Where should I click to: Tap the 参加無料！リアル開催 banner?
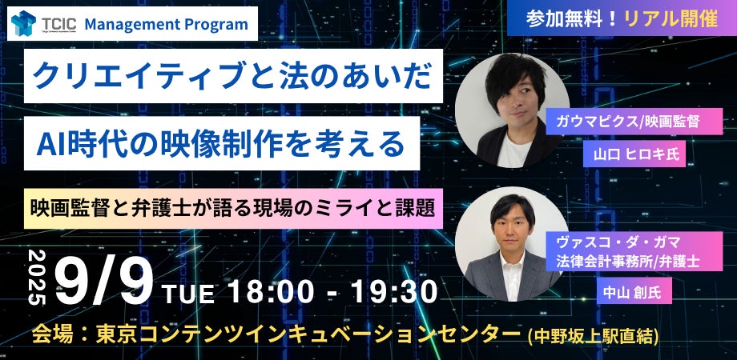(x=622, y=19)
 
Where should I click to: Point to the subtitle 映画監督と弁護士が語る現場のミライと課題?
(x=234, y=209)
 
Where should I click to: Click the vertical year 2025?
(x=38, y=276)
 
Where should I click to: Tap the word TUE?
(x=188, y=294)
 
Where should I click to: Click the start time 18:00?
(x=267, y=290)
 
